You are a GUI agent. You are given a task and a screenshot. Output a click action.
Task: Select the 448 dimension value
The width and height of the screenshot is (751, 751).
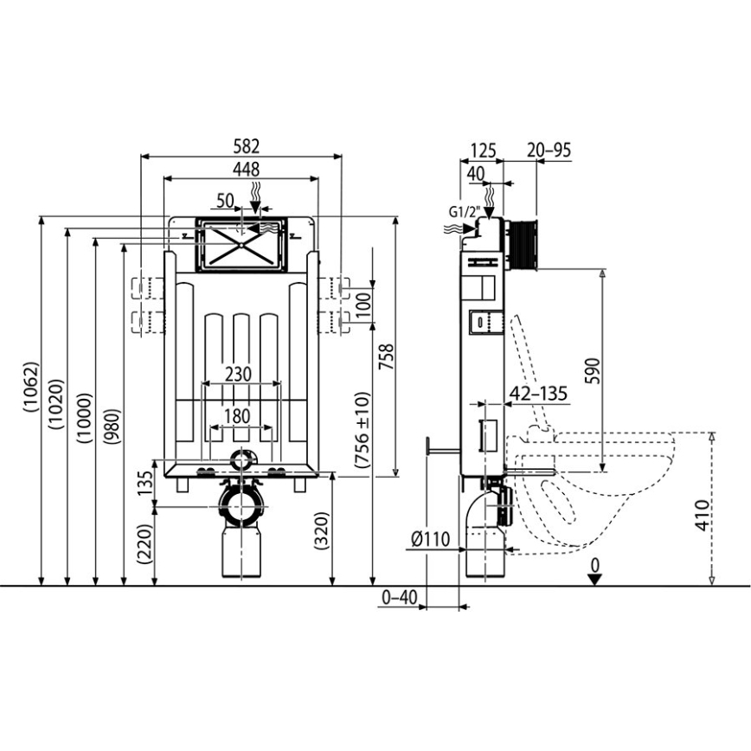[241, 169]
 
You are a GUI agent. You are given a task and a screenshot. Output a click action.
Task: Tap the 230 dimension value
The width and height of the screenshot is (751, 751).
[239, 374]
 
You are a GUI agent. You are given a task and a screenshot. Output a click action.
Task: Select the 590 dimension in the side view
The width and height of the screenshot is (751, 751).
[592, 372]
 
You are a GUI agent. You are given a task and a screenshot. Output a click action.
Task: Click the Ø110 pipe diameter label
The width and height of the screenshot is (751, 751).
[430, 540]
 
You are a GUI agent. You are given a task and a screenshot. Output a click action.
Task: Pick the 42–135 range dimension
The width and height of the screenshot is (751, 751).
[539, 394]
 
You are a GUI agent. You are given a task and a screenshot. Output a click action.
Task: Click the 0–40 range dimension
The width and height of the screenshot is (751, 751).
[399, 598]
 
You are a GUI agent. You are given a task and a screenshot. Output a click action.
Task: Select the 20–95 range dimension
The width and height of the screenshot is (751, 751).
[549, 150]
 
